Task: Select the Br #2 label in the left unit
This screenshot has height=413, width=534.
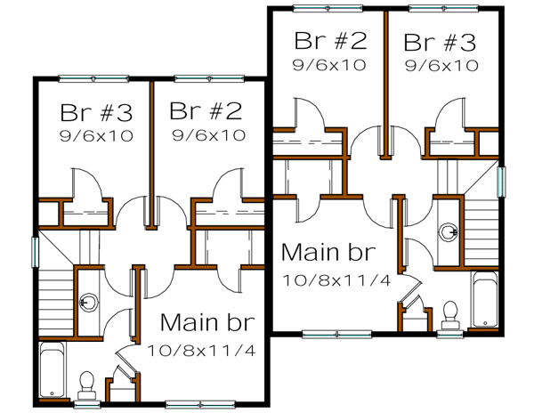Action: [x=206, y=112]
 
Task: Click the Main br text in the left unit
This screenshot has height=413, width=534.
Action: [x=206, y=321]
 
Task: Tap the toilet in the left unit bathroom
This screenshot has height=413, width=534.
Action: [x=87, y=382]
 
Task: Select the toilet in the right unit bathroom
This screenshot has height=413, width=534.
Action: [x=449, y=312]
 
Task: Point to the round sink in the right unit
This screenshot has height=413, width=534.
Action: [x=449, y=232]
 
